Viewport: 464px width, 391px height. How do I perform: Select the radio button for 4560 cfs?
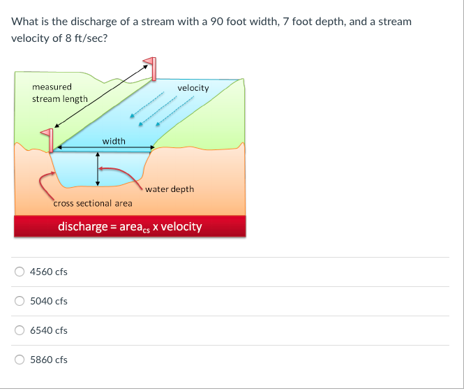tap(20, 272)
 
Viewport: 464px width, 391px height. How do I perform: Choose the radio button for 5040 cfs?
tap(20, 301)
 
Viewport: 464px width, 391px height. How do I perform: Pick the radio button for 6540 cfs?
tap(20, 330)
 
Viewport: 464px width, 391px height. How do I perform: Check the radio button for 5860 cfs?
tap(20, 360)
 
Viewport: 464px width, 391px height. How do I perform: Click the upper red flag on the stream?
tap(150, 68)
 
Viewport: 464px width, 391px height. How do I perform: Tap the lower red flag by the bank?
tap(47, 140)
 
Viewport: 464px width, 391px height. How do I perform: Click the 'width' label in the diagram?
tap(114, 141)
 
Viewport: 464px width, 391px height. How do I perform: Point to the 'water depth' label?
tap(170, 189)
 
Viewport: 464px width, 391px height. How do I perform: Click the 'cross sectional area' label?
tap(93, 203)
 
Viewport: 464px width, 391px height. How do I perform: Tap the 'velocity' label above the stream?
tap(193, 88)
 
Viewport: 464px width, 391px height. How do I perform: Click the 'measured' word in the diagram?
tap(52, 87)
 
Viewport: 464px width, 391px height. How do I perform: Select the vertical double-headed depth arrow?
tap(98, 169)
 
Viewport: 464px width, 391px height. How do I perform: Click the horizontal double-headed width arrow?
tap(105, 147)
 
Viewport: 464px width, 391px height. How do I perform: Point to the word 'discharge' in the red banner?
tap(83, 227)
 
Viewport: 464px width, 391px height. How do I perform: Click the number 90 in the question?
tap(217, 22)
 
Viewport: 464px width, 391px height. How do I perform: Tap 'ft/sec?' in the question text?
tap(91, 38)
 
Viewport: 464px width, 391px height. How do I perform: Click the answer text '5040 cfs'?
tap(49, 301)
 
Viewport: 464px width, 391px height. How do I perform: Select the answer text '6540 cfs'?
tap(49, 330)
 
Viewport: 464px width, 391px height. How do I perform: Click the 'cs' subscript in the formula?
tap(147, 230)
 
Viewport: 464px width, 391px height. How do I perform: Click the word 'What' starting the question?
tap(25, 22)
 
